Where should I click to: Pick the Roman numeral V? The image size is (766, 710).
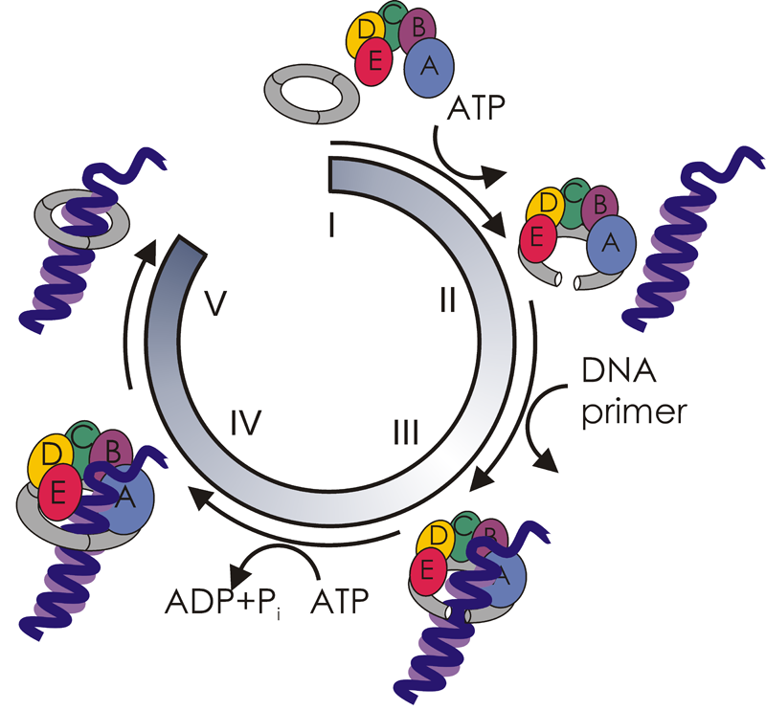[x=216, y=304]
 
